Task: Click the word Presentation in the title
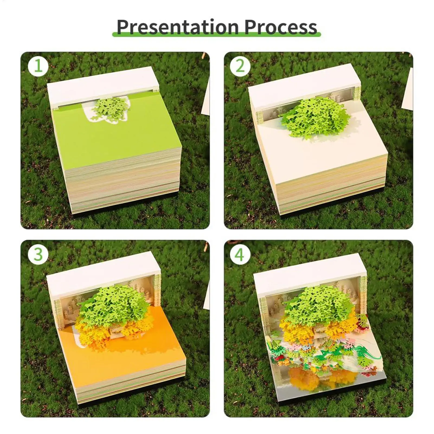point(178,27)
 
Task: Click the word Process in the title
point(281,27)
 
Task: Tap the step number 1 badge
point(38,66)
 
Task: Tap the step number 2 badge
point(240,66)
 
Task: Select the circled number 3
point(38,254)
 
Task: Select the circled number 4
point(240,254)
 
